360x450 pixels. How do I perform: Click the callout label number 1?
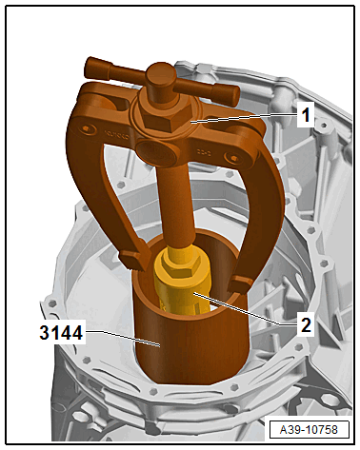(306, 114)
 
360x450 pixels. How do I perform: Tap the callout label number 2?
(306, 324)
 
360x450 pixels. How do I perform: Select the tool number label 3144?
(61, 333)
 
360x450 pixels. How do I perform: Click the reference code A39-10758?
(309, 429)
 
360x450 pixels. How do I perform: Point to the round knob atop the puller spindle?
(161, 75)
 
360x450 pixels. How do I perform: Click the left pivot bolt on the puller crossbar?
(87, 128)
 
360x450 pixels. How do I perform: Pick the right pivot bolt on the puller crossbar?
(234, 158)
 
